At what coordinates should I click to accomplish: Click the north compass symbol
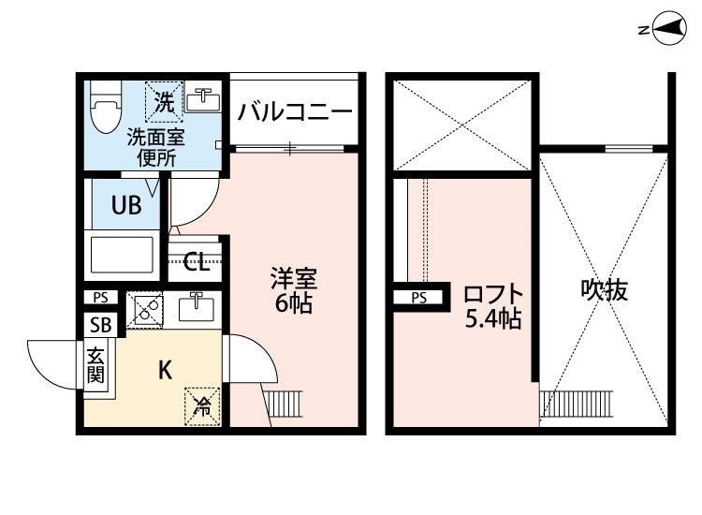pyautogui.click(x=670, y=28)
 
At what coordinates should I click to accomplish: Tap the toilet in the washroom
pyautogui.click(x=106, y=107)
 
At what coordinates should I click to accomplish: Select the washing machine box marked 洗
pyautogui.click(x=165, y=102)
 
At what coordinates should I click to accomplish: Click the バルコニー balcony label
pyautogui.click(x=295, y=111)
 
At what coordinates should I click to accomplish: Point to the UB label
pyautogui.click(x=126, y=206)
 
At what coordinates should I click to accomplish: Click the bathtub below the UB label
pyautogui.click(x=122, y=255)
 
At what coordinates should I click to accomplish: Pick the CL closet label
pyautogui.click(x=197, y=262)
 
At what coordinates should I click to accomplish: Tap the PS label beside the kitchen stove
pyautogui.click(x=101, y=298)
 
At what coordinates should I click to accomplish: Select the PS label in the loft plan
pyautogui.click(x=419, y=298)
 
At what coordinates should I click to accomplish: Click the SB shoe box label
pyautogui.click(x=101, y=325)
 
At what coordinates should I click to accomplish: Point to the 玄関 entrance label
pyautogui.click(x=95, y=365)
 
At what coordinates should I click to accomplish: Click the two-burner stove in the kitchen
pyautogui.click(x=144, y=309)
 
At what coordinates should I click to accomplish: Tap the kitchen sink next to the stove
pyautogui.click(x=197, y=306)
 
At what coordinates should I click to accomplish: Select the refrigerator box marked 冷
pyautogui.click(x=203, y=406)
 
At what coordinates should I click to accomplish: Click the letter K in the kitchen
pyautogui.click(x=165, y=371)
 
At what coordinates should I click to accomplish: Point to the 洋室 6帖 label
pyautogui.click(x=293, y=290)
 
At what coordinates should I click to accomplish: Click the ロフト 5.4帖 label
pyautogui.click(x=493, y=307)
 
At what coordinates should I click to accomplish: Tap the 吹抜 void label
pyautogui.click(x=605, y=289)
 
